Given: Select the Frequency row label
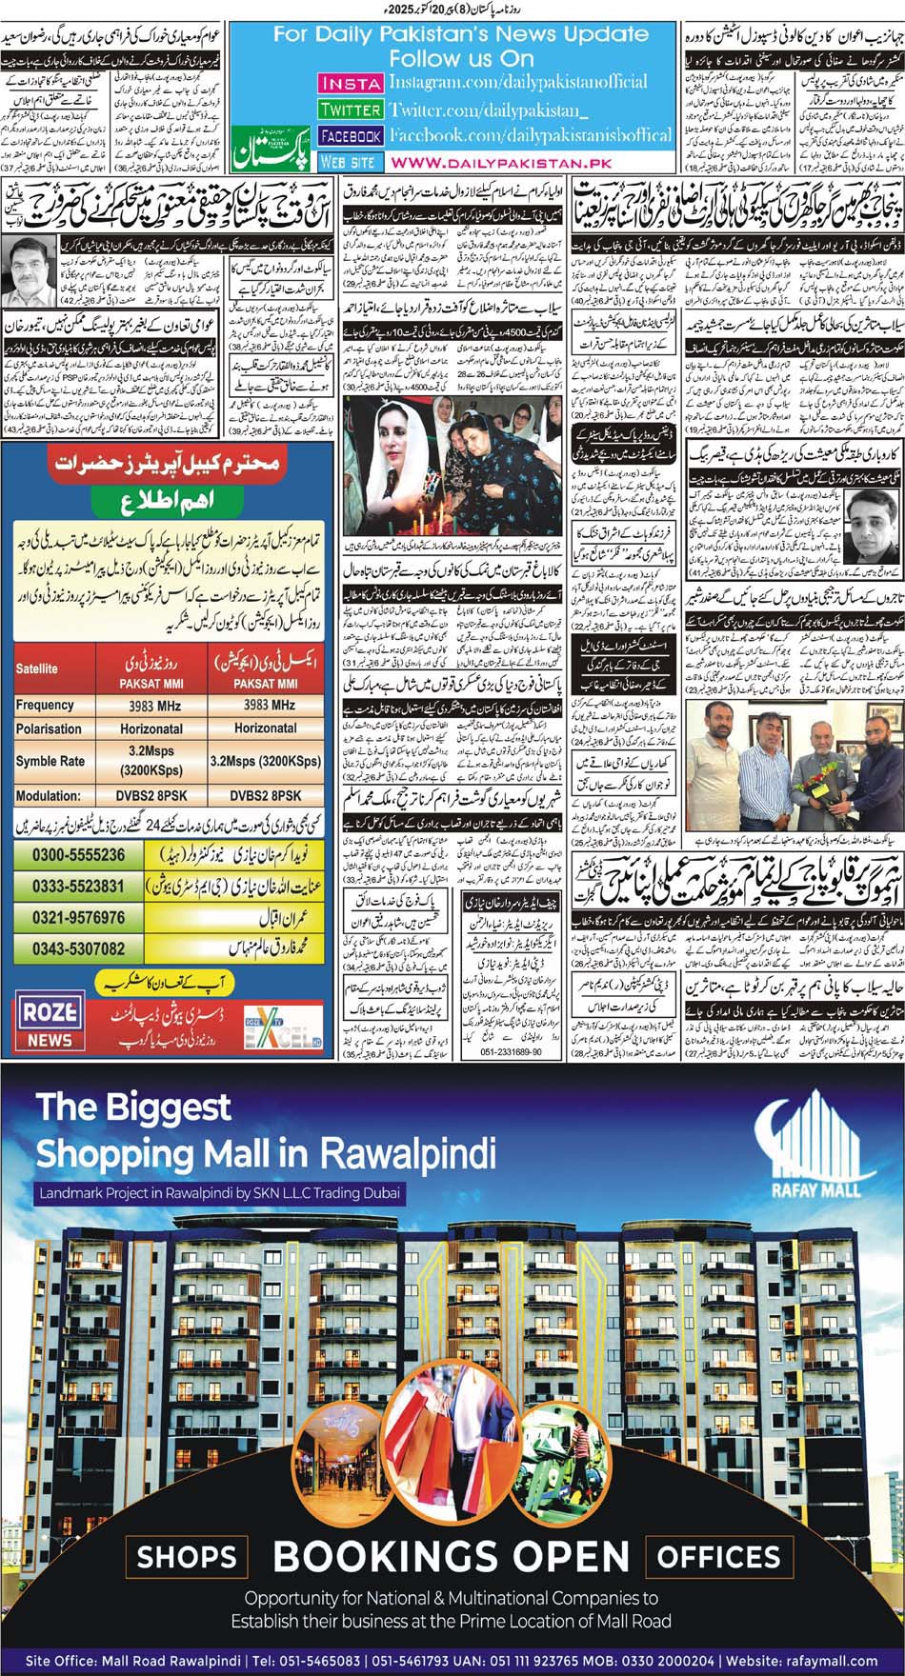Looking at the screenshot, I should pos(45,705).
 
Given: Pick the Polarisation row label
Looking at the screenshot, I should pos(49,729).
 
